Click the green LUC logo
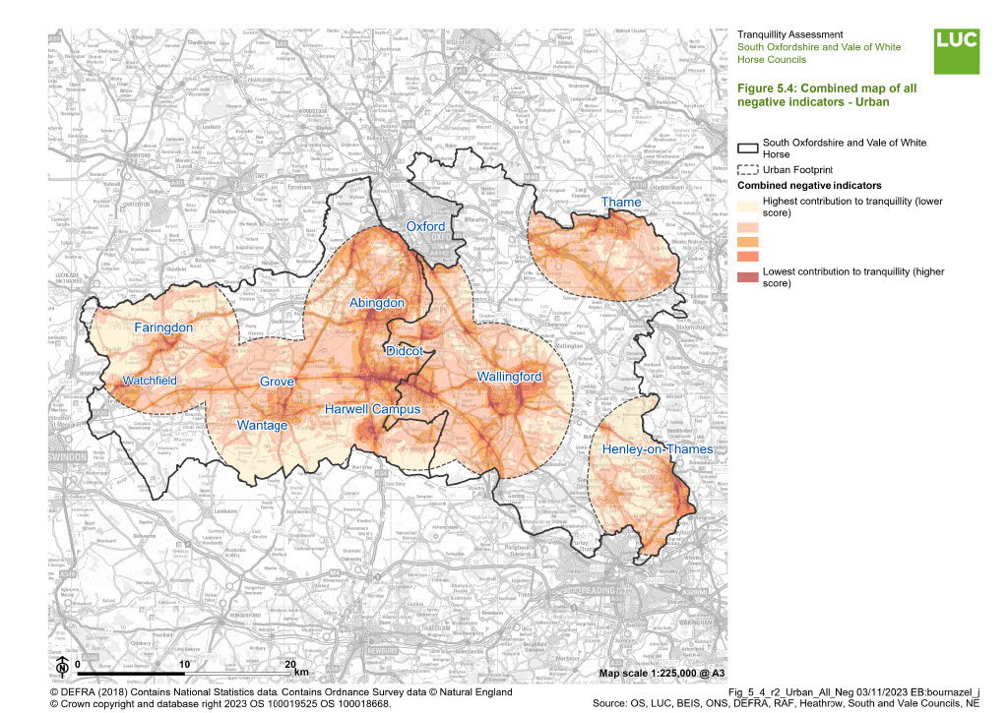(957, 51)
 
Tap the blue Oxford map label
(426, 226)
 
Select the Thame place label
(621, 203)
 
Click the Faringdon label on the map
(164, 327)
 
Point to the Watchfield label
(151, 381)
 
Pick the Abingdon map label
(377, 304)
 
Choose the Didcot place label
(405, 350)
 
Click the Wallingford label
(509, 377)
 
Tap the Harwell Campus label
(373, 409)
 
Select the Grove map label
(277, 382)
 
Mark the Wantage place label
(263, 425)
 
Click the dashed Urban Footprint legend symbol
(748, 170)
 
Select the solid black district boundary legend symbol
(748, 148)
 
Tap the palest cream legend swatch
(748, 206)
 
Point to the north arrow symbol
(62, 666)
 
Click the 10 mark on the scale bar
(184, 664)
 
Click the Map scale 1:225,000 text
(655, 673)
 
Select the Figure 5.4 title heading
(827, 94)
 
